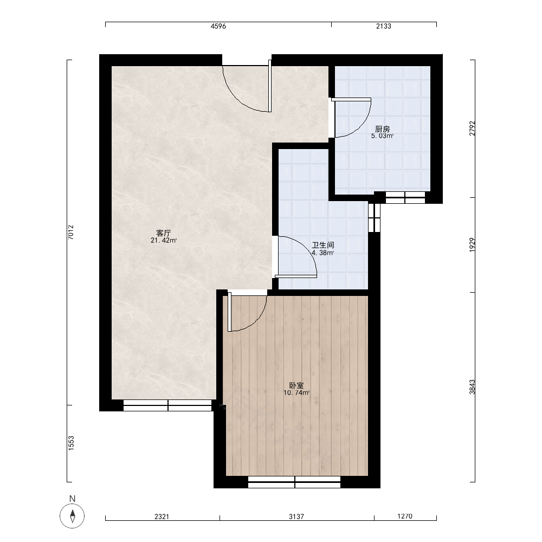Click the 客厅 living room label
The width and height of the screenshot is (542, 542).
[x=164, y=233]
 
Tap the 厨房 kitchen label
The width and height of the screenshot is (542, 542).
[x=382, y=130]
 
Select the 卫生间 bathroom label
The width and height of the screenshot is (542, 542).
[x=323, y=246]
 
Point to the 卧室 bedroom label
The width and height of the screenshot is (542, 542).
[x=296, y=385]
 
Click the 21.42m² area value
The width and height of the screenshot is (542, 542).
[x=164, y=241]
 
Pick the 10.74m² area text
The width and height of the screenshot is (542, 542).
[x=296, y=393]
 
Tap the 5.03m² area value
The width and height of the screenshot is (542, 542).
[x=382, y=136]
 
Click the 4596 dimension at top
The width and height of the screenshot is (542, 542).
[x=218, y=26]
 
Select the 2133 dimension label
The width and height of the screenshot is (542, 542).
[x=383, y=26]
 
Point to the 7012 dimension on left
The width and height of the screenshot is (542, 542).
[x=71, y=233]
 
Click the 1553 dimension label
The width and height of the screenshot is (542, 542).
[x=71, y=443]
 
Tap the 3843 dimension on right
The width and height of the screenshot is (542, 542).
[x=472, y=387]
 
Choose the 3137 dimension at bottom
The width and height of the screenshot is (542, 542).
[x=296, y=517]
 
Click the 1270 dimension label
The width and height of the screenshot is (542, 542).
[x=405, y=517]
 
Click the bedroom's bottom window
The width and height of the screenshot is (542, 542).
[x=294, y=482]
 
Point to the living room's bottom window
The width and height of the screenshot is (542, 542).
[x=167, y=405]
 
